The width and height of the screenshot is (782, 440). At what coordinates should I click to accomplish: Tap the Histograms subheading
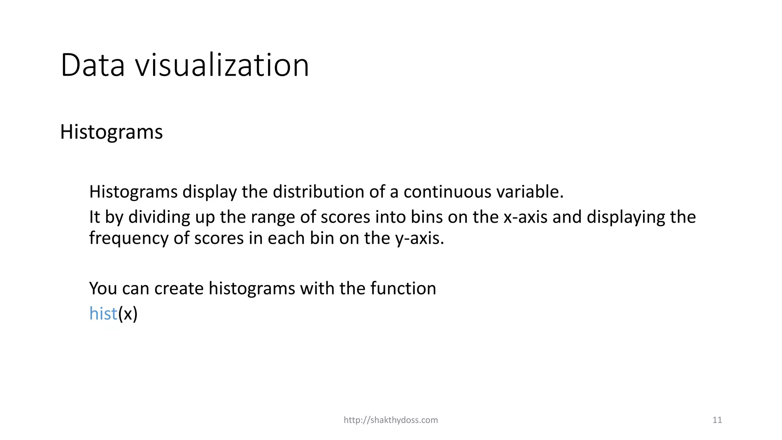111,132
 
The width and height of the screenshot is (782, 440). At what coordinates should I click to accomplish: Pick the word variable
530,192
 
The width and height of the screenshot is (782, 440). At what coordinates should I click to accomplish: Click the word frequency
129,239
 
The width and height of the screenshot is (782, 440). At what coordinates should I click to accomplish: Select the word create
179,288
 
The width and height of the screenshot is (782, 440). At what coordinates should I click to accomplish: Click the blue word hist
103,314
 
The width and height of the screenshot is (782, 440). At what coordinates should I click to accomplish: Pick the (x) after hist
128,314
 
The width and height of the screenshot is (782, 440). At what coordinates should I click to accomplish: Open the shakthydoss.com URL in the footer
391,420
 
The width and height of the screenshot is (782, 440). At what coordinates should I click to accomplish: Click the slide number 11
717,420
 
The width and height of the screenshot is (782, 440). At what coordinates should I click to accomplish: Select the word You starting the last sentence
103,288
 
